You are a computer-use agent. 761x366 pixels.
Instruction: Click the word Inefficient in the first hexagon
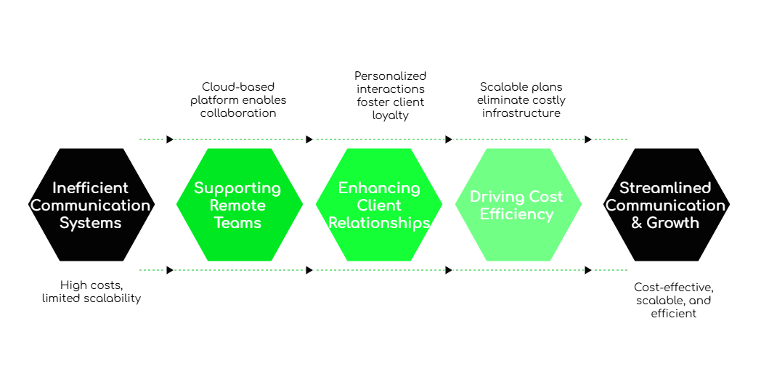91,188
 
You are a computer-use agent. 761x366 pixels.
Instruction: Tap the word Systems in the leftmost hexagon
91,223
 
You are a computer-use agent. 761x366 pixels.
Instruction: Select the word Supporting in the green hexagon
237,189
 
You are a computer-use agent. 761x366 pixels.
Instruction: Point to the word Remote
237,206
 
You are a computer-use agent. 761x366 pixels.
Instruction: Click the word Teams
237,223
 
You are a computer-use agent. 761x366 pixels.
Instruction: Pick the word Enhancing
379,189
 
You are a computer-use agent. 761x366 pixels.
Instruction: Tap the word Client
379,206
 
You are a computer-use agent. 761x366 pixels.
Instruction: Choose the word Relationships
379,223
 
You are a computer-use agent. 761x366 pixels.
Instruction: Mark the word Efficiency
516,214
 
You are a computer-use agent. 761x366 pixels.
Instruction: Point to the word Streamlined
665,188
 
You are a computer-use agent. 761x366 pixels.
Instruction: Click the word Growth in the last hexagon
673,223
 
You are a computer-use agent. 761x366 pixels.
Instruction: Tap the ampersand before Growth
637,223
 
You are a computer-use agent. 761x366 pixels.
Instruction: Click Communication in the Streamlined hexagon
665,206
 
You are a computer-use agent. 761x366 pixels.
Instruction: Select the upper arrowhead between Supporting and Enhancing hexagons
310,139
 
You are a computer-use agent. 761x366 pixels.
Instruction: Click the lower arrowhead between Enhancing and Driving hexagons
449,270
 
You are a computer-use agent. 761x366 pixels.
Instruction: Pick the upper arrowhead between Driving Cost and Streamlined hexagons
589,139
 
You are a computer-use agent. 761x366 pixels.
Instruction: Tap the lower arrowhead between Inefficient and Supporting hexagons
171,270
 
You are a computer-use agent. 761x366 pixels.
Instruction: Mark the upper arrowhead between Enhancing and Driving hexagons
449,139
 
